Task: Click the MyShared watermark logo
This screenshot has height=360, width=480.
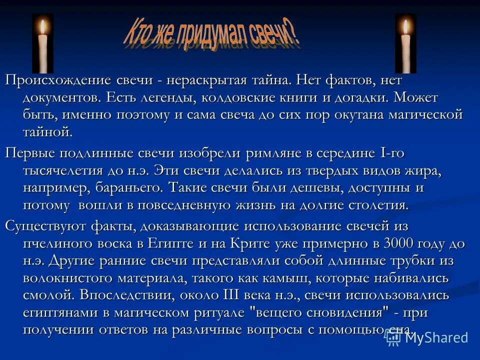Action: tap(428, 337)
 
